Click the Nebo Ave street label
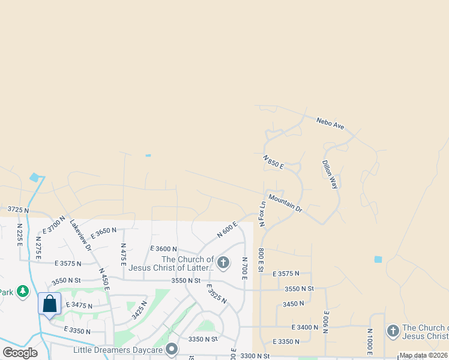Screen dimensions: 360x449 tap(331, 123)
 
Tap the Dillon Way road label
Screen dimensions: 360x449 tap(330, 175)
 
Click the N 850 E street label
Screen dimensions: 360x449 tap(273, 161)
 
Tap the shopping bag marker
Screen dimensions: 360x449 tap(50, 304)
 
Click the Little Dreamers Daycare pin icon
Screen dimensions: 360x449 tap(172, 349)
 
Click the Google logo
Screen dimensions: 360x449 tap(20, 353)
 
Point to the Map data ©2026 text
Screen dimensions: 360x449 tap(423, 355)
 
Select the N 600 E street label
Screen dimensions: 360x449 tap(228, 229)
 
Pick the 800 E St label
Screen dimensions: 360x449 tap(261, 259)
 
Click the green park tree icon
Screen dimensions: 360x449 tap(23, 292)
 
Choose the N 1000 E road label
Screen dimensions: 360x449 tap(370, 341)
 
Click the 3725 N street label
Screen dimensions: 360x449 tap(18, 209)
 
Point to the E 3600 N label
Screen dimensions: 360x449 tap(164, 248)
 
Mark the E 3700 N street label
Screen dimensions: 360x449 tap(53, 225)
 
